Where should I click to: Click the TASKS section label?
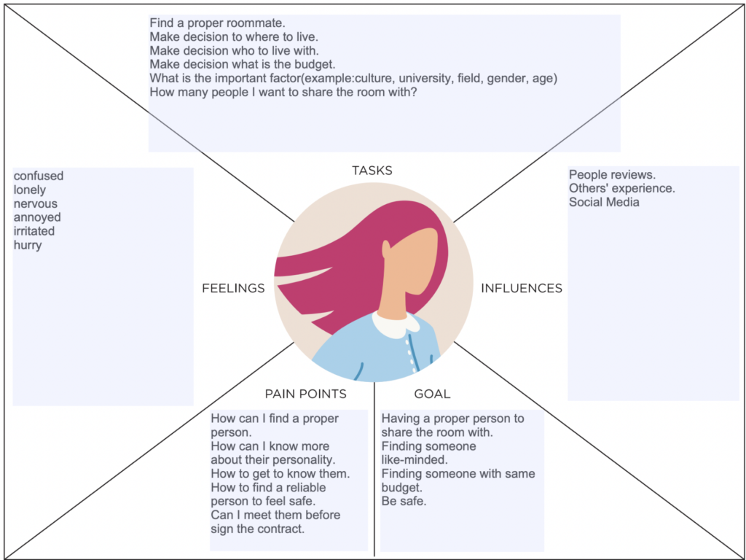(372, 171)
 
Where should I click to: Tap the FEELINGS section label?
(233, 289)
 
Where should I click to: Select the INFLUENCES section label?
(522, 289)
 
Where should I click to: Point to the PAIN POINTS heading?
(305, 394)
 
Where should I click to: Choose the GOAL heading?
(432, 394)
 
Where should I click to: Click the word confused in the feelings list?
(39, 176)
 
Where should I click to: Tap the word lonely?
(30, 190)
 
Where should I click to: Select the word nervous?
(35, 203)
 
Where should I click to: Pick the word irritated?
(34, 231)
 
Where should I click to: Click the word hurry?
(28, 245)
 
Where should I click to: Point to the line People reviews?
(612, 175)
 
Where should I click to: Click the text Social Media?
(604, 202)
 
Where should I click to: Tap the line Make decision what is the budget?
(242, 64)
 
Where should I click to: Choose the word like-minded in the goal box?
(414, 460)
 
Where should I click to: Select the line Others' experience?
(621, 189)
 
